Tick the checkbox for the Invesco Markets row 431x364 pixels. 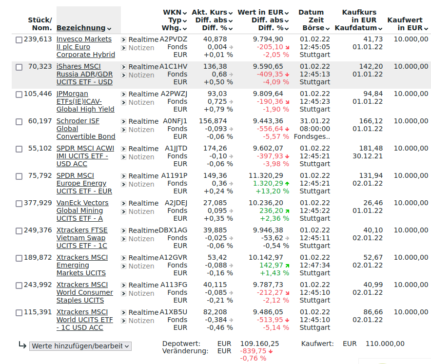tap(19, 40)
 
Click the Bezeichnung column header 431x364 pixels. tap(81, 28)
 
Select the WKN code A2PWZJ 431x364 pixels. tap(174, 94)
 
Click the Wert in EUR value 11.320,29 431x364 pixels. tap(266, 175)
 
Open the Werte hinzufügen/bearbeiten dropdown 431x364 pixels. tap(80, 346)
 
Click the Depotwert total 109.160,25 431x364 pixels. tap(259, 344)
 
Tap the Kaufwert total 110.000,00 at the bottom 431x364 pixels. tap(385, 344)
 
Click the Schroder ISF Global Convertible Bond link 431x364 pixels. tap(86, 129)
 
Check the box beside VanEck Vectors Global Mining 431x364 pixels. tap(19, 204)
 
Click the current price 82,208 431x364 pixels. tap(215, 312)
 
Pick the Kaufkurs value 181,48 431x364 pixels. tap(371, 148)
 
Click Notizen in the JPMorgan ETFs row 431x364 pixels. tap(141, 102)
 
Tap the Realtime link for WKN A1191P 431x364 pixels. tap(143, 175)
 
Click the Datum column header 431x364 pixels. tap(311, 12)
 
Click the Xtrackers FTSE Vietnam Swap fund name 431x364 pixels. tap(82, 238)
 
